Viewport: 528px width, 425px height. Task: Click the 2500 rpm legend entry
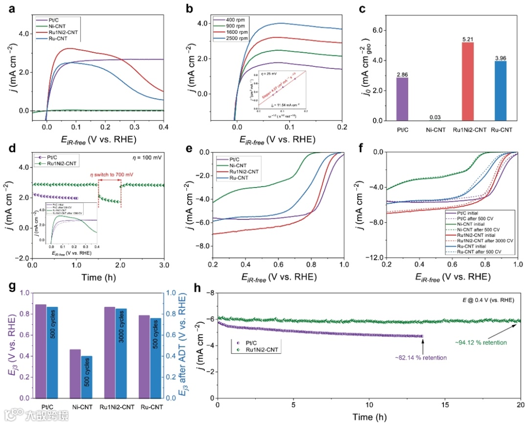tap(234, 44)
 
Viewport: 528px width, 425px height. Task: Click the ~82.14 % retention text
tap(422, 358)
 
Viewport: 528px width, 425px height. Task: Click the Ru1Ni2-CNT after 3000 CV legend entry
tap(485, 240)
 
